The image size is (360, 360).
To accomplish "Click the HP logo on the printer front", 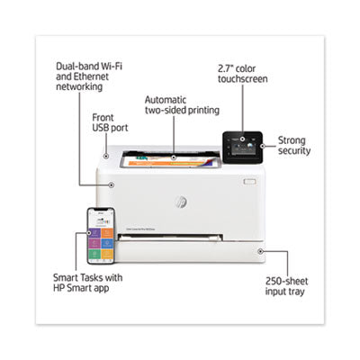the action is click(x=181, y=202).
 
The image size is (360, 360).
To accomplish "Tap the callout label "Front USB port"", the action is click(x=110, y=122).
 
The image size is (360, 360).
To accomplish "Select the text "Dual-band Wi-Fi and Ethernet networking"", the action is click(x=89, y=76).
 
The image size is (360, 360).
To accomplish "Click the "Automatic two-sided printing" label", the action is click(x=182, y=105).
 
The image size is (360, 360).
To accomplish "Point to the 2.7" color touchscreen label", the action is click(x=243, y=74).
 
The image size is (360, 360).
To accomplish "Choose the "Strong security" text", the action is click(x=294, y=146).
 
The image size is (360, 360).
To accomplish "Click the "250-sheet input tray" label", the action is click(x=286, y=286).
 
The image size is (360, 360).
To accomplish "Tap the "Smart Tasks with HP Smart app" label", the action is click(x=87, y=283).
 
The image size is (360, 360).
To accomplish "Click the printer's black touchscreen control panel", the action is click(x=242, y=148).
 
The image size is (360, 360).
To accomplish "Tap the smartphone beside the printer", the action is click(x=101, y=236).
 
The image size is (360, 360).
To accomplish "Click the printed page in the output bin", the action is click(x=170, y=160).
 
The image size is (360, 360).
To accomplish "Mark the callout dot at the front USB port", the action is click(x=106, y=156).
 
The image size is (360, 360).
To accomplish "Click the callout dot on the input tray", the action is click(x=261, y=251).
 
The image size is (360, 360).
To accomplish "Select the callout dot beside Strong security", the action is click(x=263, y=146).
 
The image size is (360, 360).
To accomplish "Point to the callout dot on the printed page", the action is click(x=174, y=157).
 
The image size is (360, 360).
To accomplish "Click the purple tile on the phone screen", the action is click(x=94, y=233).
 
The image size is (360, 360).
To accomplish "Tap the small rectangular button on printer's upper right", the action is click(x=249, y=182).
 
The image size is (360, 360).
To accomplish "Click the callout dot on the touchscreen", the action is click(x=242, y=139).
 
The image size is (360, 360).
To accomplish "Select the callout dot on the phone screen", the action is click(x=89, y=233).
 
